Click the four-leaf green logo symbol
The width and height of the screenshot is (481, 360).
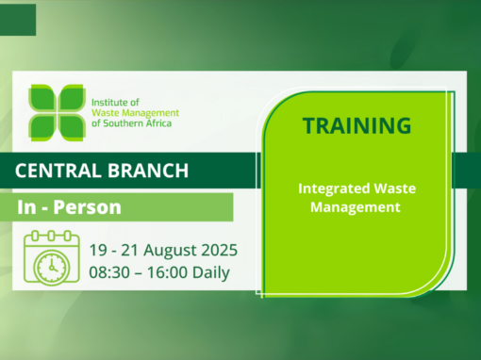[x=56, y=111]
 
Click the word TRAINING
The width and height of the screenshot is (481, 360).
[x=357, y=125]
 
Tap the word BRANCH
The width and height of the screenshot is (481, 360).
[x=153, y=172]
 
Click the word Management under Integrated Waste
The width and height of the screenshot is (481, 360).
[x=357, y=206]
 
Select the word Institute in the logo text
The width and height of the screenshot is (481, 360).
[x=109, y=100]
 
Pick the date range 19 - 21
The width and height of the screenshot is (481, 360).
[x=111, y=252]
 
